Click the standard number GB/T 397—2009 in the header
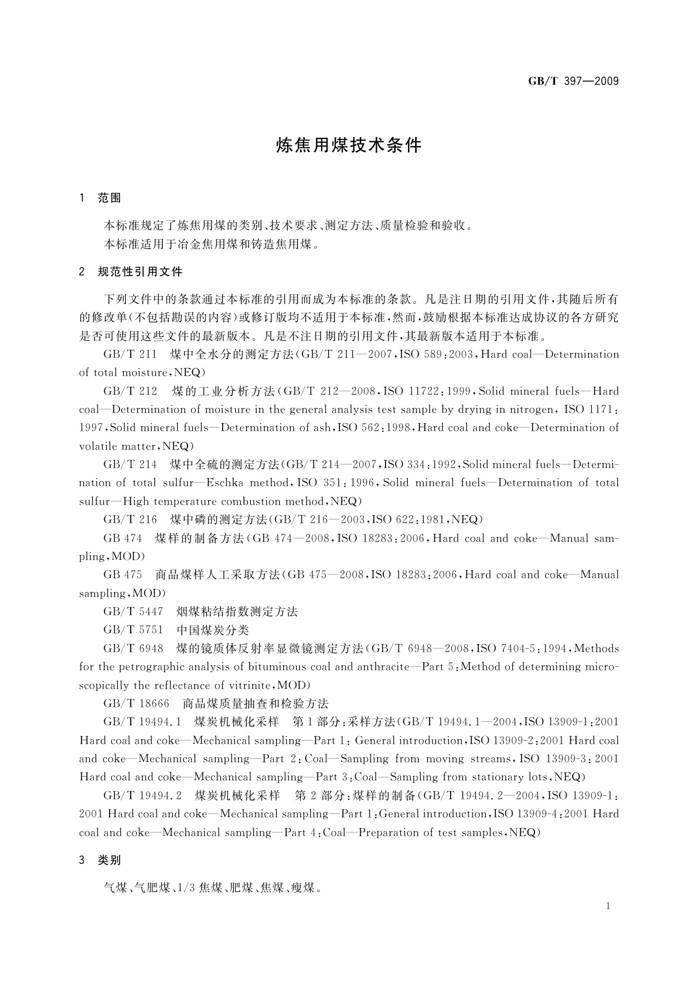coord(573,81)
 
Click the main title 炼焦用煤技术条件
coord(349,145)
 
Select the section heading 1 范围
coord(100,198)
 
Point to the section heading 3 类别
coord(100,860)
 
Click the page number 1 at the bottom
coord(608,906)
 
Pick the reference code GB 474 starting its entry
coord(122,538)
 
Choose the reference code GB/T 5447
coord(133,611)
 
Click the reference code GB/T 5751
coord(133,630)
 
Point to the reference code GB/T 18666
coord(137,703)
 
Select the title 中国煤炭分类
coord(213,630)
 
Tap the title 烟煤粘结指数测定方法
coord(237,611)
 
